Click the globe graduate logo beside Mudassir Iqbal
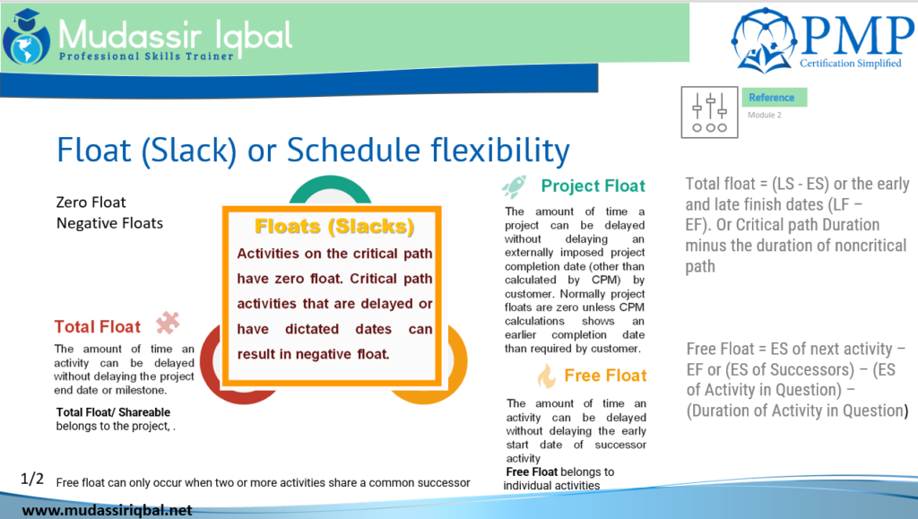click(26, 37)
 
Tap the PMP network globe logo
click(764, 39)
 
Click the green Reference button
click(774, 97)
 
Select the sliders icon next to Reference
click(709, 112)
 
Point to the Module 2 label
click(764, 116)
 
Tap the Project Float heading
click(593, 186)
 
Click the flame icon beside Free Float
click(546, 376)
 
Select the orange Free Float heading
click(605, 376)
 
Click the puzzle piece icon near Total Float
click(168, 323)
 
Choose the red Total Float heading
click(97, 326)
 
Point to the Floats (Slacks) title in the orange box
click(334, 227)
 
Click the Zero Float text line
click(91, 203)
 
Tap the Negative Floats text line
click(109, 223)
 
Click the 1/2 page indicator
click(32, 480)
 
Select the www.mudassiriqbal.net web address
click(108, 510)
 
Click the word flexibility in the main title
click(500, 151)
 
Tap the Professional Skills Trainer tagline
click(146, 56)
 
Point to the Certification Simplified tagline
click(851, 63)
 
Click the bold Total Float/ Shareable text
click(113, 412)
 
